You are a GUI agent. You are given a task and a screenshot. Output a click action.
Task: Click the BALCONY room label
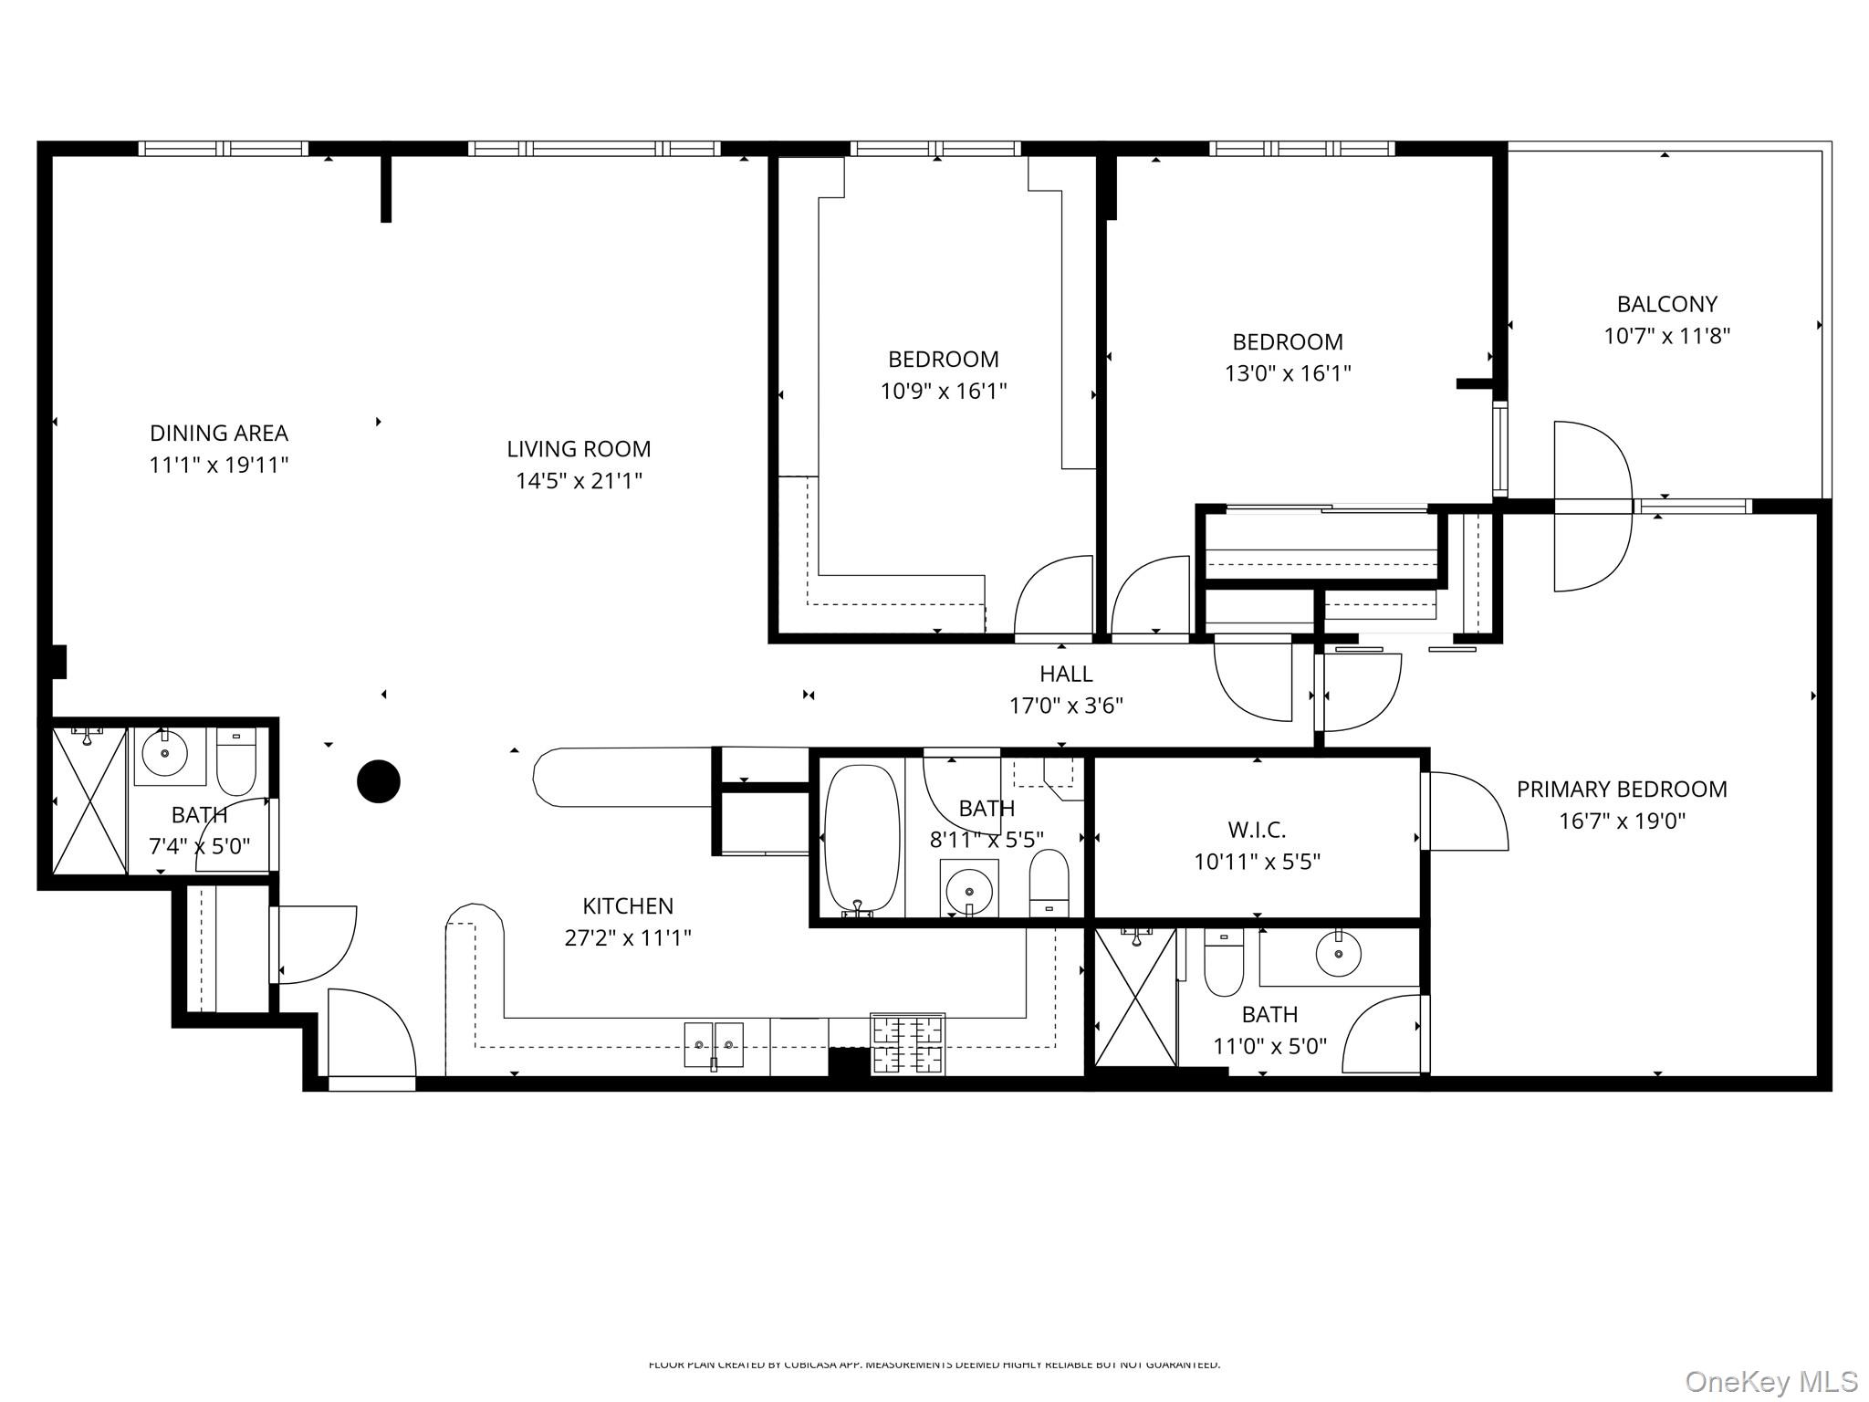[1666, 304]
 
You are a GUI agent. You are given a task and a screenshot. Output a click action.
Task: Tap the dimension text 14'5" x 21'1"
[579, 481]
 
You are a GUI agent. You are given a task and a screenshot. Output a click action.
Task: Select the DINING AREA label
[218, 433]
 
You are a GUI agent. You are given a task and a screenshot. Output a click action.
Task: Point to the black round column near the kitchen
[378, 781]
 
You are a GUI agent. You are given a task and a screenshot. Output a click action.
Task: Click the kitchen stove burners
[907, 1044]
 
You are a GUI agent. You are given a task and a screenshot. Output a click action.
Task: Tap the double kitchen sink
[714, 1044]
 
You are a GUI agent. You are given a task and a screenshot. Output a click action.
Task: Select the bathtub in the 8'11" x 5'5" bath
[861, 838]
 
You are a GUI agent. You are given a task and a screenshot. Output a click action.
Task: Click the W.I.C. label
[1257, 830]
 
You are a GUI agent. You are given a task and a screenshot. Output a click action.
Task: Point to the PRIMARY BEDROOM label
[1621, 790]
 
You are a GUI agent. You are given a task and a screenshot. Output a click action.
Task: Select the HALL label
[1066, 674]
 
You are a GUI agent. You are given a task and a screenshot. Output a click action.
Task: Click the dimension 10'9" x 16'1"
[943, 392]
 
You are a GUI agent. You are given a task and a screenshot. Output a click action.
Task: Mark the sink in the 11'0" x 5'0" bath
[1338, 955]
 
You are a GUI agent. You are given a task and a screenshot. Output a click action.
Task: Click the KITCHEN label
[628, 906]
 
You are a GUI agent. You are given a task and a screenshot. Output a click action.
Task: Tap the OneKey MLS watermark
[1770, 1381]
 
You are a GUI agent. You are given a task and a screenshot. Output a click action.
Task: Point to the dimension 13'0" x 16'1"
[1287, 373]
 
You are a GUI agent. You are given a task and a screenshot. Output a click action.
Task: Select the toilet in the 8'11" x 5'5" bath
[1049, 881]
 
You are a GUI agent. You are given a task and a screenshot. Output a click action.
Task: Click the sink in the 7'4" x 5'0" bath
[165, 754]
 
